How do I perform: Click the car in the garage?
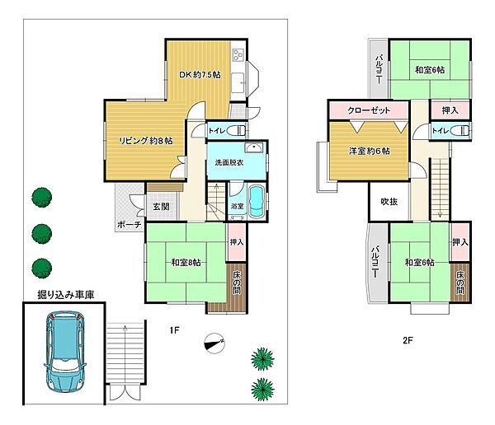[x=65, y=351]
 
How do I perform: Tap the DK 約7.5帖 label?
[x=200, y=75]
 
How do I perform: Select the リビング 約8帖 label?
[x=145, y=141]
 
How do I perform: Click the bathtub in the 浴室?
[x=256, y=202]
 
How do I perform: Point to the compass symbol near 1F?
[x=214, y=343]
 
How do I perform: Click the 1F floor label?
[x=174, y=330]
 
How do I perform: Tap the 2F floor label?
[x=408, y=340]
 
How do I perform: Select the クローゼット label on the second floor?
[x=369, y=110]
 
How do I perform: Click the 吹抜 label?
[x=389, y=202]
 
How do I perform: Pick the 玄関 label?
[x=161, y=207]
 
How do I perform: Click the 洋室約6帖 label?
[x=369, y=151]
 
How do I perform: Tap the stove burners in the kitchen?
[x=238, y=54]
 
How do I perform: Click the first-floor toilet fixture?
[x=237, y=130]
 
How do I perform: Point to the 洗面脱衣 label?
[x=229, y=163]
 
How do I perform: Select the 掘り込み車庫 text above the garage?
[x=66, y=295]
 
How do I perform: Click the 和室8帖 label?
[x=186, y=262]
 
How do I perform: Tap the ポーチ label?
[x=130, y=225]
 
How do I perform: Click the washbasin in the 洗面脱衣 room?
[x=254, y=148]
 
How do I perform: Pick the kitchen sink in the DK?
[x=238, y=82]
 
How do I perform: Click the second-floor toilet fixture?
[x=460, y=130]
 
